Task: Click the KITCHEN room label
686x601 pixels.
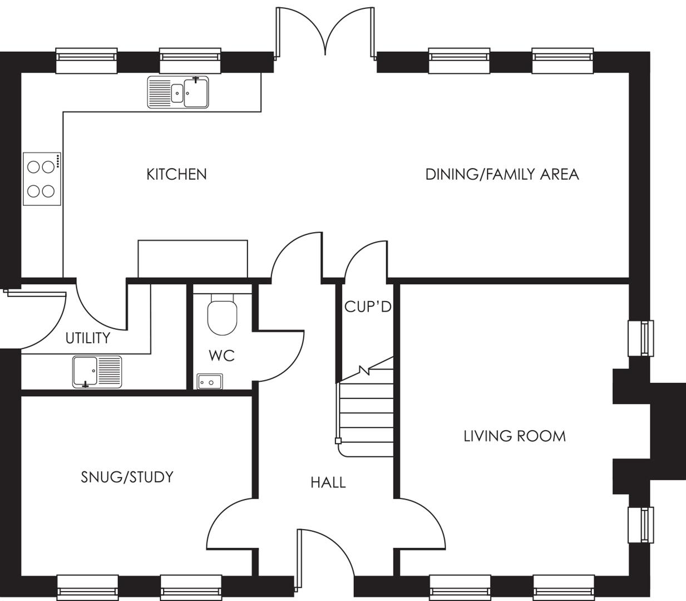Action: (x=176, y=175)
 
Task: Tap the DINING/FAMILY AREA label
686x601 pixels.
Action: (x=502, y=175)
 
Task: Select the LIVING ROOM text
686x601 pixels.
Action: (x=515, y=436)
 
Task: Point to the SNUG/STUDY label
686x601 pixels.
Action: (x=127, y=477)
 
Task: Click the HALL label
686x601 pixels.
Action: (x=328, y=482)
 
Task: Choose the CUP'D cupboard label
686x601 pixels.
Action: (x=368, y=307)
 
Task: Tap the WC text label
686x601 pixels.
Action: (x=221, y=356)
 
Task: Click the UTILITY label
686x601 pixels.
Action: (x=87, y=338)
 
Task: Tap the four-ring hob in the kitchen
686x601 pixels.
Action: (x=42, y=179)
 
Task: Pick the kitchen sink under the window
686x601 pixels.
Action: (x=178, y=92)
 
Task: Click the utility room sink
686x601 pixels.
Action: (x=97, y=371)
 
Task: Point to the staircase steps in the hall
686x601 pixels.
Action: (x=367, y=412)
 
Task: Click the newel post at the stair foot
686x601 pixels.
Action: (x=338, y=441)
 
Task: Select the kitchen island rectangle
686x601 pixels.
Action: (x=193, y=258)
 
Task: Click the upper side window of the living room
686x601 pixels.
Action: (x=640, y=338)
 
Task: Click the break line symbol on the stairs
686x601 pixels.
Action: (x=364, y=370)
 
